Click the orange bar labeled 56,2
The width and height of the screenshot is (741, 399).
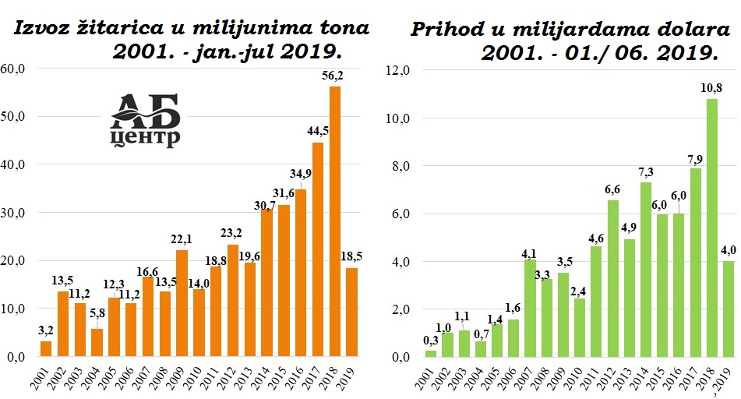[334, 221]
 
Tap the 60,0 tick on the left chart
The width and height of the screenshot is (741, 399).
[13, 69]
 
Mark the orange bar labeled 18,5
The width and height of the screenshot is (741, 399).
[351, 312]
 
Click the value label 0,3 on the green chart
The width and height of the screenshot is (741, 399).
[430, 340]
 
